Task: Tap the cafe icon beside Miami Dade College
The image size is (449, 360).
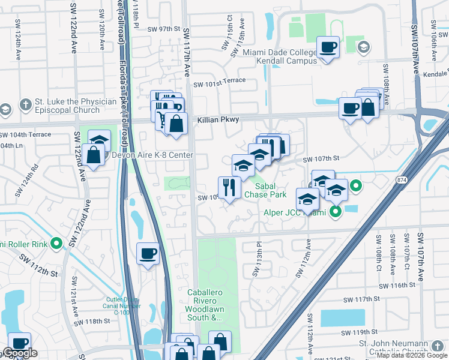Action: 328,47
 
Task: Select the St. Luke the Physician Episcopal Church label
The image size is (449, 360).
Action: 67,106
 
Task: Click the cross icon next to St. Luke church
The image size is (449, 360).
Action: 25,106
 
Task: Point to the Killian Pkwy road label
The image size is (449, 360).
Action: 218,120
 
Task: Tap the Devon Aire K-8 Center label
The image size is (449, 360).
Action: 152,155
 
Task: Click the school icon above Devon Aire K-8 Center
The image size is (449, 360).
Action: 100,140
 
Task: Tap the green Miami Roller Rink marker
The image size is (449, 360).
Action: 56,243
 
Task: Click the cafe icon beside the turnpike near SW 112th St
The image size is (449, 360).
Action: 148,253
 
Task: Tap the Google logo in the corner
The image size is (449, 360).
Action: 19,353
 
